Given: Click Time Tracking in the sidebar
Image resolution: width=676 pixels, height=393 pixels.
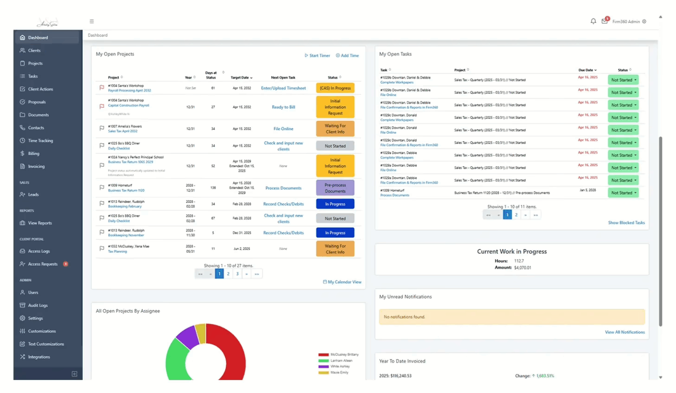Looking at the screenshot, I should pyautogui.click(x=40, y=141).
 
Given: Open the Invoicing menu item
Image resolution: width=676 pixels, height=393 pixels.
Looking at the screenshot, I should pyautogui.click(x=36, y=166).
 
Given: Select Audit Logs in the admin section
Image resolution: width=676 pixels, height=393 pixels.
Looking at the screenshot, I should pyautogui.click(x=38, y=306).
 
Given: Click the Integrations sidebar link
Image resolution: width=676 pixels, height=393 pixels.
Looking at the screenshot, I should pyautogui.click(x=39, y=357).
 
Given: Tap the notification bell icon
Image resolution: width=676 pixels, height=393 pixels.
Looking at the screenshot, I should pyautogui.click(x=593, y=21).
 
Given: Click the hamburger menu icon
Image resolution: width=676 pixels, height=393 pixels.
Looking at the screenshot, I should pyautogui.click(x=92, y=21).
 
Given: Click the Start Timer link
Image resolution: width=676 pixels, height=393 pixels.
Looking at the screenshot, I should pyautogui.click(x=317, y=56).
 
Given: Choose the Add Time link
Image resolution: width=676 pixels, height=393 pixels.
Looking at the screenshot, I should pyautogui.click(x=347, y=56).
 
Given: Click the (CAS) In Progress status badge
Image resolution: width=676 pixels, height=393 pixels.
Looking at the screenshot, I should pyautogui.click(x=335, y=88).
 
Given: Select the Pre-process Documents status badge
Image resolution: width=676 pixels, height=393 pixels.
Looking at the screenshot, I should pyautogui.click(x=335, y=188).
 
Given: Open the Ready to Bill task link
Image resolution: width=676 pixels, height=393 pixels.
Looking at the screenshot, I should pyautogui.click(x=283, y=107).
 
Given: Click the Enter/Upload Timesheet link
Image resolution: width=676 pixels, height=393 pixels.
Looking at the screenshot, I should pyautogui.click(x=283, y=88).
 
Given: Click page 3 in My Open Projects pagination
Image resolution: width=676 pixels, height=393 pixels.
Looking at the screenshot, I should pyautogui.click(x=237, y=274).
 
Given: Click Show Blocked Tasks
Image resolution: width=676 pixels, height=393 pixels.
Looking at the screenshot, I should pyautogui.click(x=626, y=223).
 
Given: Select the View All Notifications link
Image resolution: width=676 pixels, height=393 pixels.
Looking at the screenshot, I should pyautogui.click(x=625, y=332).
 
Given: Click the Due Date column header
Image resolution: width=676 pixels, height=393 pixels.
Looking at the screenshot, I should pyautogui.click(x=587, y=70).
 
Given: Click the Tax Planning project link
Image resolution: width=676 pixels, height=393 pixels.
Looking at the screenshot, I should pyautogui.click(x=117, y=251).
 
